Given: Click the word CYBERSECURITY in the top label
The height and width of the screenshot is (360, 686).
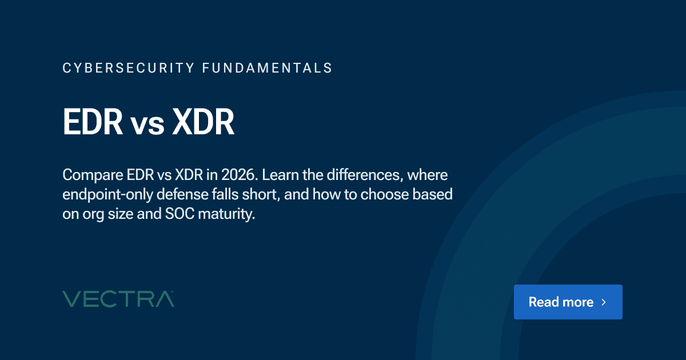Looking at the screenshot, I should point(128,68).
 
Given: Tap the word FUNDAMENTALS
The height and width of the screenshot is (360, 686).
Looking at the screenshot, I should point(268,68).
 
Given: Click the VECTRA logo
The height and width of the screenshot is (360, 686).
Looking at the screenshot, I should point(118,299).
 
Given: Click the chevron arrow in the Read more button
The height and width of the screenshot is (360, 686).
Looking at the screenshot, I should point(604,302).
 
